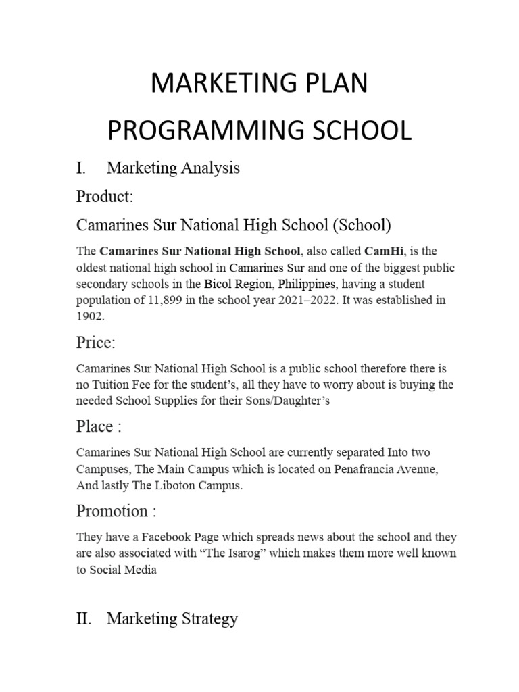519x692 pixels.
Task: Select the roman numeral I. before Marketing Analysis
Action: pos(83,168)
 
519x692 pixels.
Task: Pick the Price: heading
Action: pos(96,343)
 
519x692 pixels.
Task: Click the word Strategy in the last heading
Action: pos(205,618)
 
